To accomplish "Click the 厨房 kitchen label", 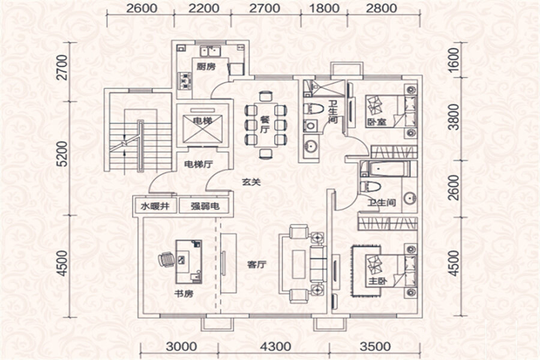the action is coord(206,66).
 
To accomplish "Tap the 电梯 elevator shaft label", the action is coord(203,121).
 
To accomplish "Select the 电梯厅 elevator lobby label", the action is coord(199,164).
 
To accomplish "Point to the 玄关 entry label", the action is coord(251,182).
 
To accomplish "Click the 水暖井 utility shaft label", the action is coord(155,206).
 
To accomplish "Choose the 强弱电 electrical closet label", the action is coord(205,206).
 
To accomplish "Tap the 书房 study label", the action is coord(184,294).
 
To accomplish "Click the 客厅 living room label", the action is coord(257,265).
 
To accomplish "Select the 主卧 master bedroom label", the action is coord(377,281).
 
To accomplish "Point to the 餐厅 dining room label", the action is coord(265,125).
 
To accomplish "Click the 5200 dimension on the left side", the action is coord(62,154).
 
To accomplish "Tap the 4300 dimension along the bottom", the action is coord(275,346).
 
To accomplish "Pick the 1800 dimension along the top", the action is coord(325,8).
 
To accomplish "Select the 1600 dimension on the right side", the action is coord(455,59).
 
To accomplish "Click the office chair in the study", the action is coord(166,259).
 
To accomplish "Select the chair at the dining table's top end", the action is coord(266,96).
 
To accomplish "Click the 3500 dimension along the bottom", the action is coord(376,346).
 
